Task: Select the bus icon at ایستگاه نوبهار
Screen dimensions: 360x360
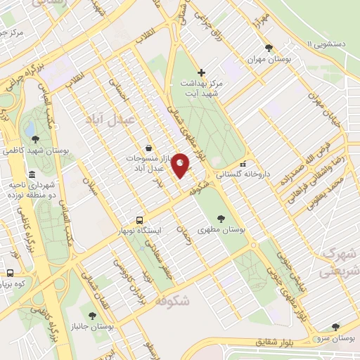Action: point(139,220)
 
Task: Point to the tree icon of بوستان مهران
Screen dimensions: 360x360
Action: point(269,48)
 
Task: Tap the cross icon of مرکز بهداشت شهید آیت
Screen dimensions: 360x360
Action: point(201,72)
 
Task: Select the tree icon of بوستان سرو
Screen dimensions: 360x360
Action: point(336,326)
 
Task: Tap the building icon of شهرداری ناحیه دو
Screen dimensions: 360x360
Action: point(32,175)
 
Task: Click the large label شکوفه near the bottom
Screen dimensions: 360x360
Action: point(171,301)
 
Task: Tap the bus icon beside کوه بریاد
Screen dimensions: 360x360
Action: point(10,273)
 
